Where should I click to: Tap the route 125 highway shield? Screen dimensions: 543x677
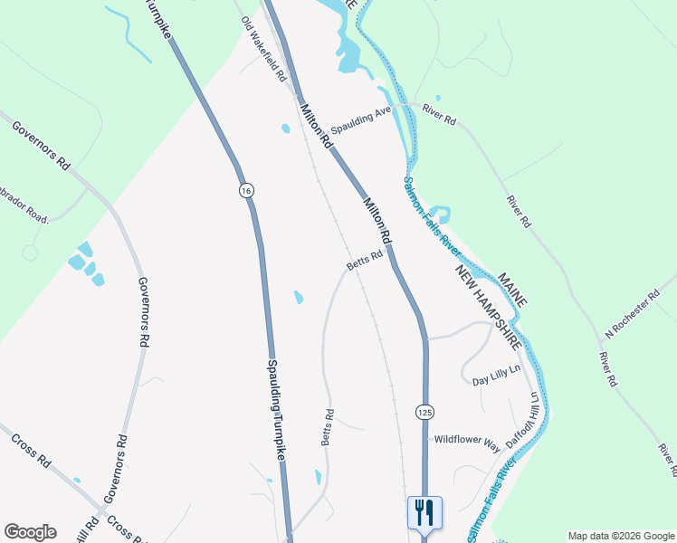(x=424, y=412)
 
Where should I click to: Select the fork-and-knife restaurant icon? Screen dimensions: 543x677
(x=424, y=513)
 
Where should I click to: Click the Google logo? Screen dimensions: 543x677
(x=30, y=532)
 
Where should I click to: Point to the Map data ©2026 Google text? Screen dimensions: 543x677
(x=621, y=536)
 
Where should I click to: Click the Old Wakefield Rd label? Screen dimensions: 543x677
(x=264, y=49)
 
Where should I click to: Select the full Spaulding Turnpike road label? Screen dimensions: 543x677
(x=275, y=412)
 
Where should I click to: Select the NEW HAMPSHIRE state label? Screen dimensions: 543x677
(x=489, y=309)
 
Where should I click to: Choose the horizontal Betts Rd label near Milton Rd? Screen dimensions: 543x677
(x=364, y=261)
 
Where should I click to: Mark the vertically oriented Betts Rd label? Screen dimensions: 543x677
(x=328, y=427)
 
